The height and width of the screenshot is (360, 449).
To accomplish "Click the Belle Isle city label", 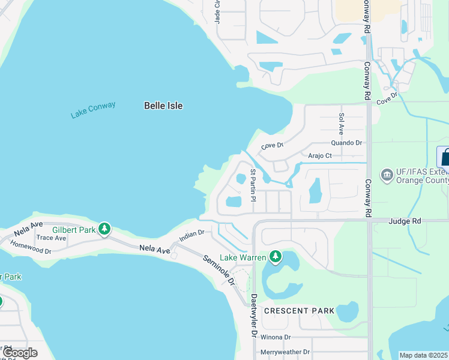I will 163,106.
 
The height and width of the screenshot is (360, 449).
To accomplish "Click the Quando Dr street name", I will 347,143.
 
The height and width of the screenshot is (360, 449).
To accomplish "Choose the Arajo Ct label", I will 320,155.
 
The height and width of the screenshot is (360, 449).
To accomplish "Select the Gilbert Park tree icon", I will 105,229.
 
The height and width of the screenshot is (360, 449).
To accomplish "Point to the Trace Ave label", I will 52,238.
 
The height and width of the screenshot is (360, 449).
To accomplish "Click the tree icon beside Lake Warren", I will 276,257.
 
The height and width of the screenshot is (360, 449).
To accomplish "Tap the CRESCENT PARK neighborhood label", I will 299,311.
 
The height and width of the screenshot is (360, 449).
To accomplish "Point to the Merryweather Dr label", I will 285,352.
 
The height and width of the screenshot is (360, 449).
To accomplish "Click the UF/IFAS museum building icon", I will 387,175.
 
